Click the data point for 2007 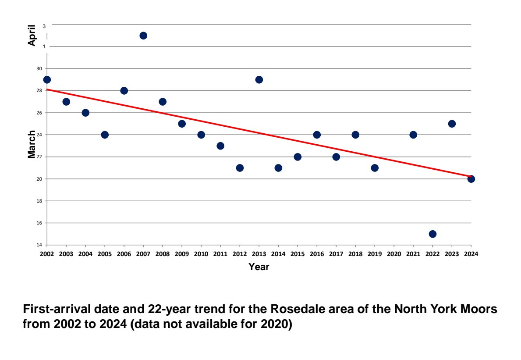[x=143, y=36]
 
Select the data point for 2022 [x=432, y=234]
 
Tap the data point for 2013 [x=259, y=80]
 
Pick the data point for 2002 [x=47, y=80]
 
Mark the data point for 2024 [x=471, y=179]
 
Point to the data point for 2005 [x=105, y=135]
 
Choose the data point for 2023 [x=452, y=124]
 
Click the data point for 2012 [x=240, y=168]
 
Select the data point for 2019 [x=375, y=168]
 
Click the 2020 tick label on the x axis [x=394, y=254]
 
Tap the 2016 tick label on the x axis [x=317, y=254]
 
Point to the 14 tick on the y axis [x=39, y=245]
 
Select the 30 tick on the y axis [x=39, y=69]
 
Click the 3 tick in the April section [x=44, y=26]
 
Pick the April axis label [x=32, y=36]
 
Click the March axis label [x=32, y=144]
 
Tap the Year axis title [x=259, y=267]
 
